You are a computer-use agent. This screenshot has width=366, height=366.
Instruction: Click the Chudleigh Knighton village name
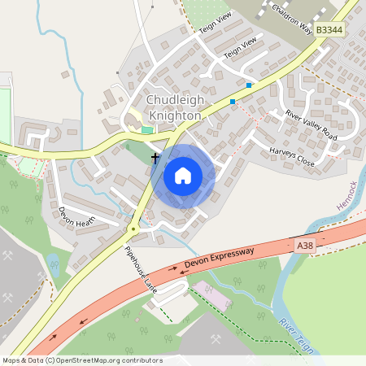tap(172, 107)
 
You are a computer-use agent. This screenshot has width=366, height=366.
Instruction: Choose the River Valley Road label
tap(311, 124)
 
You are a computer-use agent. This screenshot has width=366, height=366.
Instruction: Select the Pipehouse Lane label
tap(139, 267)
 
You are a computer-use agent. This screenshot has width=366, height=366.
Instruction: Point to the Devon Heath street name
tap(77, 216)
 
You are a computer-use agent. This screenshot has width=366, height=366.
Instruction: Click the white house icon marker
tap(183, 175)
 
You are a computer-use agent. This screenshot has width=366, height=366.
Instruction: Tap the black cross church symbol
tap(155, 155)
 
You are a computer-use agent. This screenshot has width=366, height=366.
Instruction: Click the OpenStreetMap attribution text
tap(81, 360)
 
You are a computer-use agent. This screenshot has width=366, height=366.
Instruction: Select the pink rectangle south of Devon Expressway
tap(210, 295)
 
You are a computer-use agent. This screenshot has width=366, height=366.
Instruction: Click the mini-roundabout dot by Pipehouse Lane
tap(133, 230)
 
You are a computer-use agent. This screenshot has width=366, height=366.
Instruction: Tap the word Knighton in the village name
tap(172, 115)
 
